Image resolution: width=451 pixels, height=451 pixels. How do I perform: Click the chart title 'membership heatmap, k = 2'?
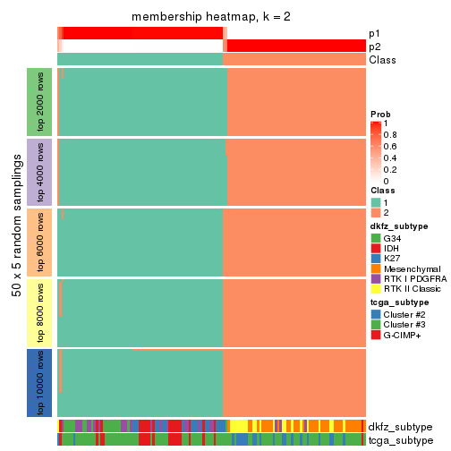tap(211, 17)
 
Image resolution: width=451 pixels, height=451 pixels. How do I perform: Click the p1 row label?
tap(374, 33)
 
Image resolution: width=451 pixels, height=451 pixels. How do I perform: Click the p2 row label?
tap(374, 46)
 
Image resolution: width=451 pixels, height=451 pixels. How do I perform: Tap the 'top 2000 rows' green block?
tap(40, 101)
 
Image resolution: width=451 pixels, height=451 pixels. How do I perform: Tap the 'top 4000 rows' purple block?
tap(40, 171)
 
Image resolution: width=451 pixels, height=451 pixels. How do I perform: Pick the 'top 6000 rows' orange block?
tap(40, 242)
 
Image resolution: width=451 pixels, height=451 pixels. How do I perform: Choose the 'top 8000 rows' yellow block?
tap(40, 311)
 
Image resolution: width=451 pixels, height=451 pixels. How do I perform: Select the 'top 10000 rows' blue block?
tap(40, 382)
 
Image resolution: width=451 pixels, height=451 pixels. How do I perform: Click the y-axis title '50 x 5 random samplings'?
tap(15, 242)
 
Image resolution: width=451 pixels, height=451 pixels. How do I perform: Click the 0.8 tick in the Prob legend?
tap(392, 134)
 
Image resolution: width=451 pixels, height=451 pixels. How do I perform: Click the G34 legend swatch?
tap(376, 239)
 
